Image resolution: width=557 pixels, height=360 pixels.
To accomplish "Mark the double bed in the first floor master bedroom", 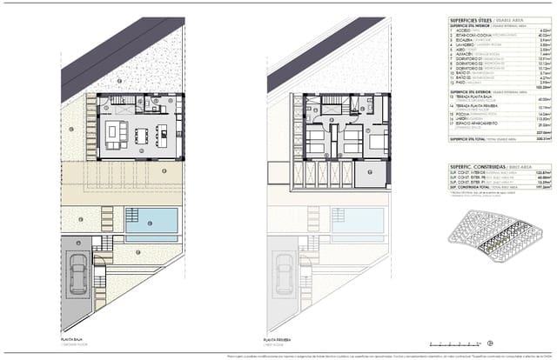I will [x=315, y=142].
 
